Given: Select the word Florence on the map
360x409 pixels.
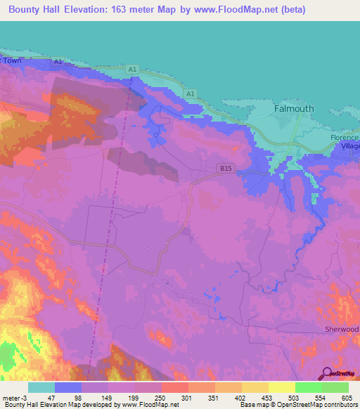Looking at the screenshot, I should click(345, 137).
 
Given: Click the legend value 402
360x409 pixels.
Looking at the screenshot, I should click(241, 398).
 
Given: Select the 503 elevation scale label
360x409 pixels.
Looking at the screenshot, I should click(295, 398).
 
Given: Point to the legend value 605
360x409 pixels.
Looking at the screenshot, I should click(347, 398).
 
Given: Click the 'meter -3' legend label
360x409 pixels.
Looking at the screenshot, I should click(15, 398).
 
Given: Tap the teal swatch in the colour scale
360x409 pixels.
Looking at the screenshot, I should click(41, 387).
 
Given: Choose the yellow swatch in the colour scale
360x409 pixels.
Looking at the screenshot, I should click(281, 387).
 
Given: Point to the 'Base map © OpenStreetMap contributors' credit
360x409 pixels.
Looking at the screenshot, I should click(297, 405).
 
